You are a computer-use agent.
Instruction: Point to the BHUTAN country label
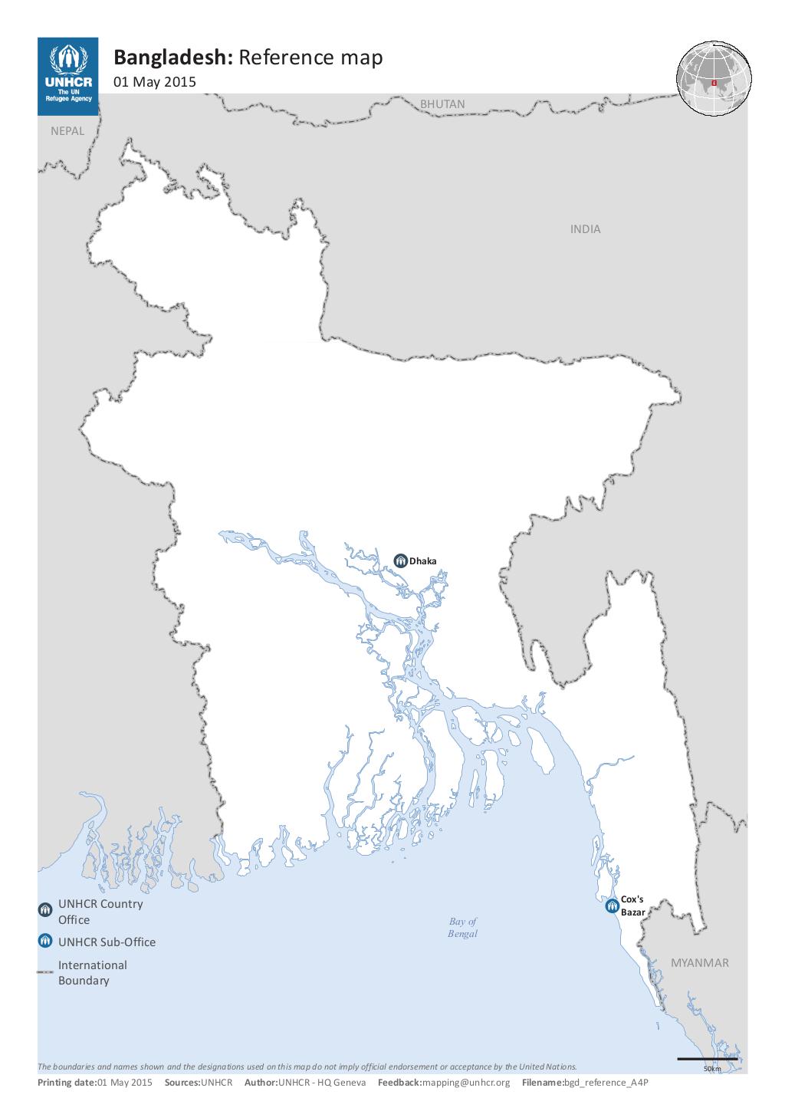pos(442,104)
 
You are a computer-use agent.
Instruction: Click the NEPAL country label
pos(67,130)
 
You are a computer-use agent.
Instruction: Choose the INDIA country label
pos(585,228)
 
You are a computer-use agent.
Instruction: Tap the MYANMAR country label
pos(700,962)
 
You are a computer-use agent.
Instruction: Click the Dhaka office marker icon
pos(400,560)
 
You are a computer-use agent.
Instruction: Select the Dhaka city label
pos(422,560)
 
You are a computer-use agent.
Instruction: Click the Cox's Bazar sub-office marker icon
pos(612,906)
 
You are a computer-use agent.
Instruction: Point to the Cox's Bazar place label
pos(632,906)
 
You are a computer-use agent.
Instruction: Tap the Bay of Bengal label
pos(462,927)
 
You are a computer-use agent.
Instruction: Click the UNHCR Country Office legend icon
pos(45,909)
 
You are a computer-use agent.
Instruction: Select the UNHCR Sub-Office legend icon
pos(45,941)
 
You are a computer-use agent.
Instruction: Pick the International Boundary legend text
pos(92,972)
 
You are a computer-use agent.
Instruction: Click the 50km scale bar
pos(707,1059)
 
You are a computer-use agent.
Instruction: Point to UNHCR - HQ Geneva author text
pos(322,1082)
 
